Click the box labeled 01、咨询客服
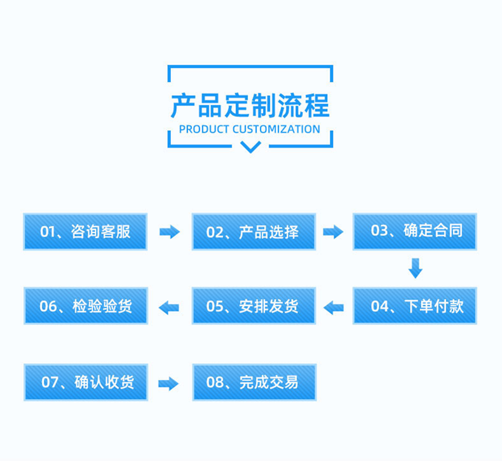[85, 231]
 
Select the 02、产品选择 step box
[254, 231]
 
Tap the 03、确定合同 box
[415, 231]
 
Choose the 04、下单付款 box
[415, 307]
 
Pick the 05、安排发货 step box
[254, 307]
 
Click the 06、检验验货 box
[85, 307]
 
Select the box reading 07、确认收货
[85, 382]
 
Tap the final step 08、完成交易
[254, 382]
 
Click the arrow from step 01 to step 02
[169, 232]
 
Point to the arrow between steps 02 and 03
[333, 232]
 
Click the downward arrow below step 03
[415, 268]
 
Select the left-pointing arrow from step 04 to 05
[333, 307]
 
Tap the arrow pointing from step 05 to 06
[169, 307]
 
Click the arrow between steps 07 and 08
[168, 383]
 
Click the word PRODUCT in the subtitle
[204, 130]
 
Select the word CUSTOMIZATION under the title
[276, 130]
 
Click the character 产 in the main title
[184, 105]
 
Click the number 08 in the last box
[215, 382]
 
